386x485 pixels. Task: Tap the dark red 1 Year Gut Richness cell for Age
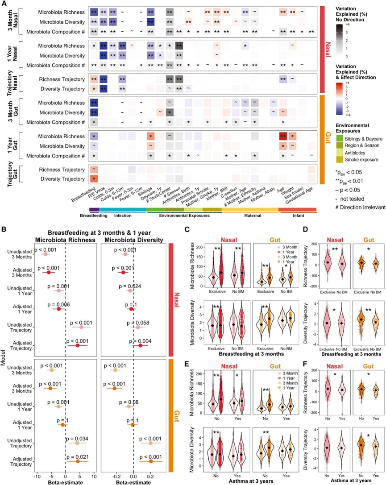click(282, 136)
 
